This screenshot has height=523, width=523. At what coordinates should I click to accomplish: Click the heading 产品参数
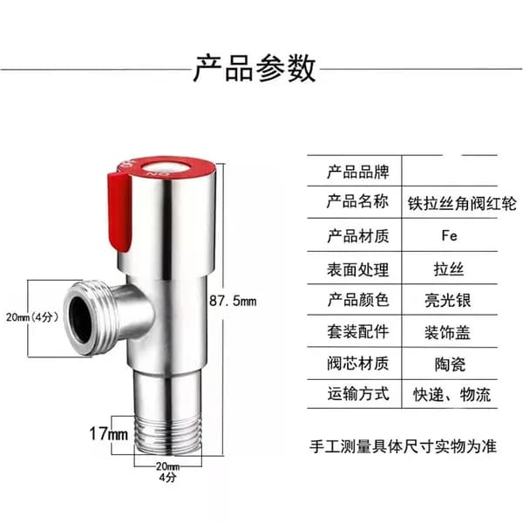coord(255,69)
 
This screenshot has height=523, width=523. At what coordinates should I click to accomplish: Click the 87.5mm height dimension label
coord(233,301)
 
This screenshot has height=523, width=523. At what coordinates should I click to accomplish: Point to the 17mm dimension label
coord(109,434)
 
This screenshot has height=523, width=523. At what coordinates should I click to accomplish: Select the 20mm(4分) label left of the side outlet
coord(32,317)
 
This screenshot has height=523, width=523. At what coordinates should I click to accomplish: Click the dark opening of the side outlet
coord(81,320)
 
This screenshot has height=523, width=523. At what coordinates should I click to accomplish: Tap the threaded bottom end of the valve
coord(168,435)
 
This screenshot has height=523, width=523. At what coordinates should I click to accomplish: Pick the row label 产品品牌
coord(358,172)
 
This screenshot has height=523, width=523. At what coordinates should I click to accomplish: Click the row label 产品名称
coord(358,202)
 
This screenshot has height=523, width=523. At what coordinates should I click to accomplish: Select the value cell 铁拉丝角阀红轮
coord(462,203)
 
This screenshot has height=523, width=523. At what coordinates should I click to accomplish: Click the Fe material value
coord(449,236)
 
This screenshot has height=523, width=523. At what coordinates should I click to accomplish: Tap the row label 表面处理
coord(358,269)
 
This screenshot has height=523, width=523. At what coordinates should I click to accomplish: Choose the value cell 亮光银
coord(448,300)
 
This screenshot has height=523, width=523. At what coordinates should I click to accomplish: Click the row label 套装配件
coord(358,332)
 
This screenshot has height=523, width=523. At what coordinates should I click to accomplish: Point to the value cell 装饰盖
coord(447,333)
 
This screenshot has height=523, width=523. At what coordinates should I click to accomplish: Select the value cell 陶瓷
coord(450,364)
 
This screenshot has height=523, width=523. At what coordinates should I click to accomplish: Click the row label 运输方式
coord(358,394)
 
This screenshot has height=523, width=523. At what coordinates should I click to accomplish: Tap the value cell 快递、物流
coord(452,395)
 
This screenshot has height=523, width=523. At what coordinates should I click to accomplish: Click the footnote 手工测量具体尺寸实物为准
coord(404,446)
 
